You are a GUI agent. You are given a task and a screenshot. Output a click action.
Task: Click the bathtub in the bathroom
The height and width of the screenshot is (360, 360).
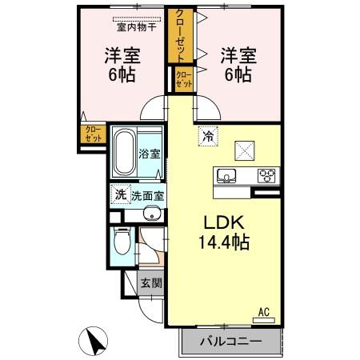click(125, 151)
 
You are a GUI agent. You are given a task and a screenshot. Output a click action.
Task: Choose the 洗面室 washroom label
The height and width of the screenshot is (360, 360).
click(147, 194)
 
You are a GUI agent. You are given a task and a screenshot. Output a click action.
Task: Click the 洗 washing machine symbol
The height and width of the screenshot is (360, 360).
click(119, 194)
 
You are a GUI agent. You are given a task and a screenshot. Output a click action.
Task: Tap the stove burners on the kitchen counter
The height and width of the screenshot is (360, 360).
click(266, 175)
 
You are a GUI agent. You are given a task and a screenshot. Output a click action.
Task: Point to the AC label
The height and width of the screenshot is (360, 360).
click(263, 313)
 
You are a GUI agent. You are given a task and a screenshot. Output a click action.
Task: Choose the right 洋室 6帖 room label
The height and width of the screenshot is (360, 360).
click(238, 65)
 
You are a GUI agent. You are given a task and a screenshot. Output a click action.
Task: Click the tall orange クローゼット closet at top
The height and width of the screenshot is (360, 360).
click(180, 35)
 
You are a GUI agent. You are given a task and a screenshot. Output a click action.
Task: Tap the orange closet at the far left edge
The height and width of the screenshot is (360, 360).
click(94, 134)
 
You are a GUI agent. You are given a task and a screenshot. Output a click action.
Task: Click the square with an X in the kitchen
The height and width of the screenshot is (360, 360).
click(243, 149)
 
